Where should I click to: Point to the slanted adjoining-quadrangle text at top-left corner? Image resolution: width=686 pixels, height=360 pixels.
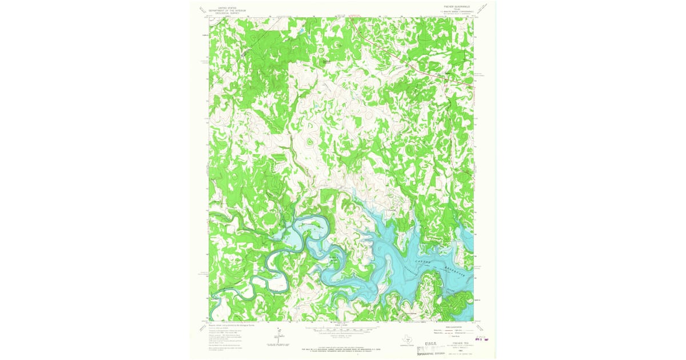(201, 10)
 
